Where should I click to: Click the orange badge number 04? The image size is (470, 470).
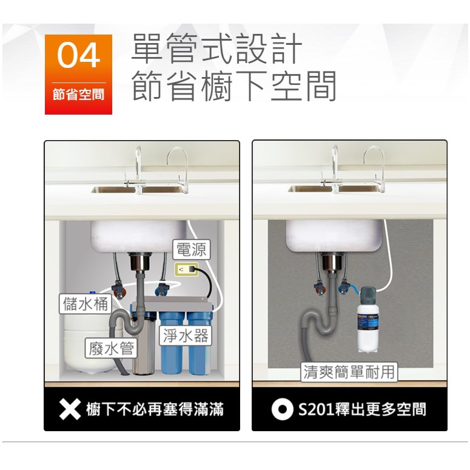point(78,55)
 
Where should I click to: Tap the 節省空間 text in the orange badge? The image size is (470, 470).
point(78,95)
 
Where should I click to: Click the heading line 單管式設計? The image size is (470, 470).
point(217,49)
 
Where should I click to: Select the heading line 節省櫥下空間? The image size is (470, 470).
point(234,86)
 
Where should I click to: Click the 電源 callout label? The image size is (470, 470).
point(191,249)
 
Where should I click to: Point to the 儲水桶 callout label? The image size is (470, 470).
point(86,304)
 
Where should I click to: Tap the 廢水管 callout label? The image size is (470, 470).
point(111,348)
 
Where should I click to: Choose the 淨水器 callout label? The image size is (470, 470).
point(186,335)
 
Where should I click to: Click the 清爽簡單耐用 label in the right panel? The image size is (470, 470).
point(349,372)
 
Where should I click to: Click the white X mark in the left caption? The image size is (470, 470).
point(70,409)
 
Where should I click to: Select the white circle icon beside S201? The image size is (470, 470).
point(283,409)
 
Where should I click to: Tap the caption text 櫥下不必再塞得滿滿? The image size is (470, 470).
point(155,409)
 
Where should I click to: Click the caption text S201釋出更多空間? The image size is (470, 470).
point(362,409)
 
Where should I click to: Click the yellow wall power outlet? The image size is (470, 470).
point(186,269)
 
